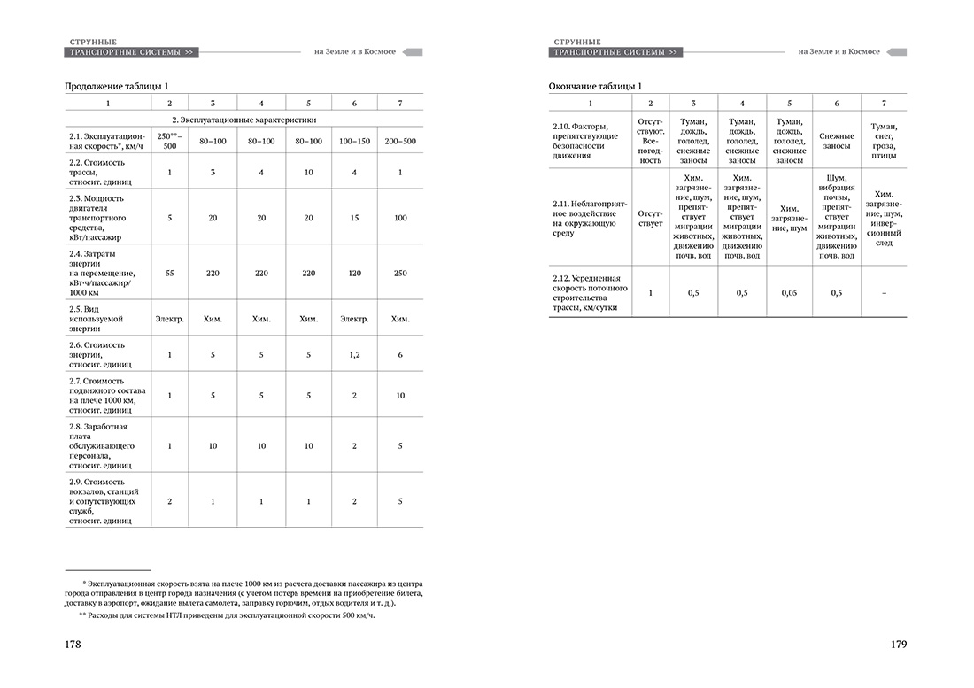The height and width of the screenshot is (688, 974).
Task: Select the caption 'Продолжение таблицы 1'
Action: pyautogui.click(x=116, y=86)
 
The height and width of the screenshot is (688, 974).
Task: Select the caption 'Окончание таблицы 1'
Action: pyautogui.click(x=595, y=86)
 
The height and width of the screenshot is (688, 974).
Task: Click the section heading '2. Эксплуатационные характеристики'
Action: pyautogui.click(x=243, y=119)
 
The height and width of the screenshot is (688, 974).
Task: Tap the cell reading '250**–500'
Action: pyautogui.click(x=169, y=140)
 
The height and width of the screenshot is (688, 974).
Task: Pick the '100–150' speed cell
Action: pyautogui.click(x=354, y=141)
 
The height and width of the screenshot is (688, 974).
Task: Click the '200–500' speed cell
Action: pyautogui.click(x=400, y=141)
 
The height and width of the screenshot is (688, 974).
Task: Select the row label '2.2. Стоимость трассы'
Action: pyautogui.click(x=97, y=171)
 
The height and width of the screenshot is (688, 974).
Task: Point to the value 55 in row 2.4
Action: pyautogui.click(x=169, y=274)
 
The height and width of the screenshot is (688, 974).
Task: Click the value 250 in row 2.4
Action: pyautogui.click(x=400, y=274)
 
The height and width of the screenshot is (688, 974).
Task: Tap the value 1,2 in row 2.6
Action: pyautogui.click(x=354, y=354)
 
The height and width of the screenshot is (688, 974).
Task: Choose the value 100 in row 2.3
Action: pyautogui.click(x=400, y=217)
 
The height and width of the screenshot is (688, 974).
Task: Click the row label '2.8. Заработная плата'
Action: pyautogui.click(x=102, y=446)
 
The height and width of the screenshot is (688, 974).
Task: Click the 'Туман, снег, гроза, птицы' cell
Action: pyautogui.click(x=883, y=141)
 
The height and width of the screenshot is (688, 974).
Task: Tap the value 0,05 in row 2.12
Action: pyautogui.click(x=789, y=292)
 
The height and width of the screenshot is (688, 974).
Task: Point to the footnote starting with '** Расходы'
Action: pyautogui.click(x=221, y=615)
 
